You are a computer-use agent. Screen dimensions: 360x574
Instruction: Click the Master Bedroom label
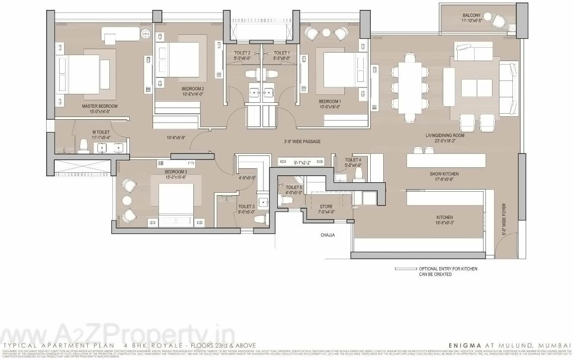pos(100,106)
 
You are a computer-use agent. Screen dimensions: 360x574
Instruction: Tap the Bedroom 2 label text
pos(193,89)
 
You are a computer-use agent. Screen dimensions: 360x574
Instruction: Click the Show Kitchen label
pos(444,174)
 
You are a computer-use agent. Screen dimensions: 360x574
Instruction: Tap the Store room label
pos(326,207)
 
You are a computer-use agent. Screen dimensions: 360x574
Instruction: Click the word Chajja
pos(328,235)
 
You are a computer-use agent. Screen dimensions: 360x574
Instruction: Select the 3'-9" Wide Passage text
pos(302,142)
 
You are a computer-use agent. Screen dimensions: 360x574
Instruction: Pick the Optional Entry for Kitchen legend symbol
pos(405,269)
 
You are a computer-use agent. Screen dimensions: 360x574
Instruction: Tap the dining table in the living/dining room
pos(410,87)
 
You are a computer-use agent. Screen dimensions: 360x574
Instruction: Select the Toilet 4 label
pos(353,160)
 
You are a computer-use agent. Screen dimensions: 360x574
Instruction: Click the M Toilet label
pos(100,132)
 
